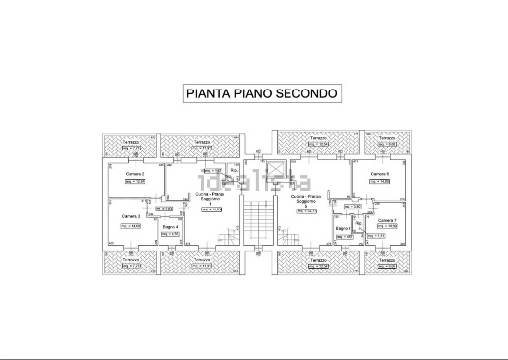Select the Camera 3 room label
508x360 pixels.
tap(131, 216)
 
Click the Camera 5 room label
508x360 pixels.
tap(379, 174)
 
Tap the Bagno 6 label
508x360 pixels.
tap(343, 228)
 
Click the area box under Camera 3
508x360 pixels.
tap(130, 225)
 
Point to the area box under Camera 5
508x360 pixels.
tap(379, 182)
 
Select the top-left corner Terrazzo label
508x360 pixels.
tap(129, 142)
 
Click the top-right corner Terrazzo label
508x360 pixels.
tap(385, 138)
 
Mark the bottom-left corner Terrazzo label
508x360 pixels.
tap(131, 259)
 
